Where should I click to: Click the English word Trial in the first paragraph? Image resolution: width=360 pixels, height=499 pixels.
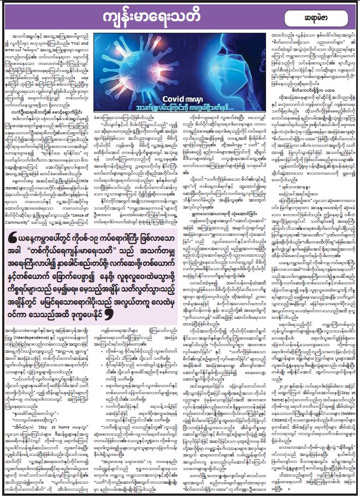[82, 43]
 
